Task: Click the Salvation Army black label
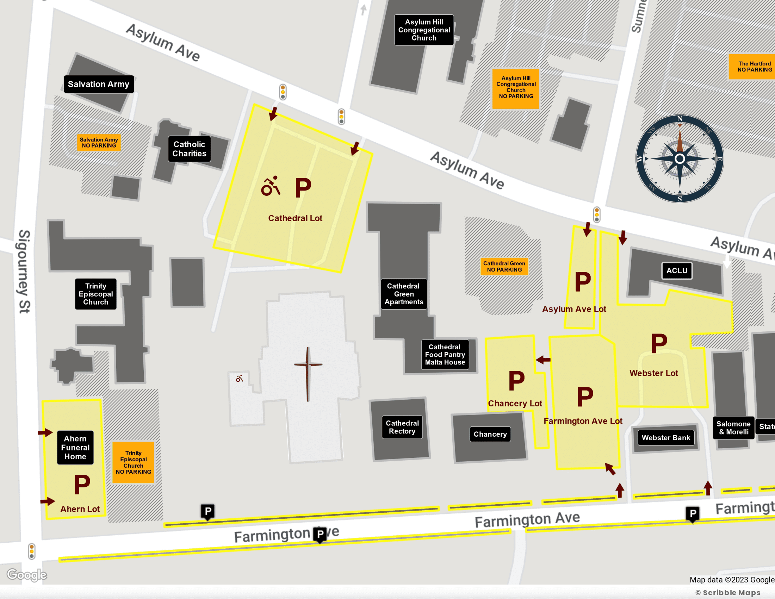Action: tap(99, 84)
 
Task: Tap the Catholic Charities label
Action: tap(189, 149)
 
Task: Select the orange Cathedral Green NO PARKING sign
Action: tap(504, 267)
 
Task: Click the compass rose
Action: tap(680, 158)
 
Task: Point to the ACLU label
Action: tap(677, 271)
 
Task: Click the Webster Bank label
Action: tap(666, 438)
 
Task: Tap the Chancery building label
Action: tap(490, 435)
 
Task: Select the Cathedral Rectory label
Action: tap(402, 428)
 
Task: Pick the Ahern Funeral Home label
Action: tap(75, 448)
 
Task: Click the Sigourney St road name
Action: tap(24, 272)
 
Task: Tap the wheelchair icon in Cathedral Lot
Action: tap(271, 186)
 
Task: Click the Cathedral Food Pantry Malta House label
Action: tap(445, 355)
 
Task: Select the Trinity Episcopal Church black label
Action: tap(95, 294)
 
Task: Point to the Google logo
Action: tap(27, 575)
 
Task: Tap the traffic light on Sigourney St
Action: tap(32, 551)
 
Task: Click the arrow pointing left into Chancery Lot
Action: tap(543, 360)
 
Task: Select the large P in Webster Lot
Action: tap(659, 343)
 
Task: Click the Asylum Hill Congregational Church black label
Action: tap(424, 30)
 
